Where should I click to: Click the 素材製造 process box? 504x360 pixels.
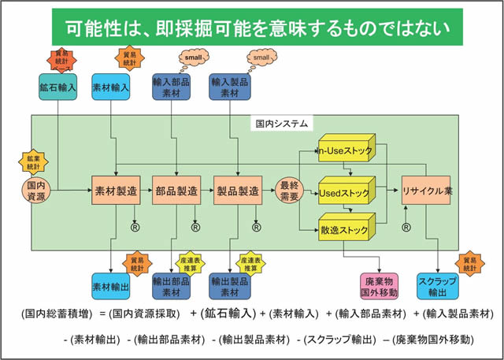click(x=114, y=191)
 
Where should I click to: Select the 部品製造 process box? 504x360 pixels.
click(x=172, y=191)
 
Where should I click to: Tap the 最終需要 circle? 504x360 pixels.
click(x=288, y=191)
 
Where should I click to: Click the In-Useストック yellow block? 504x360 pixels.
click(x=344, y=151)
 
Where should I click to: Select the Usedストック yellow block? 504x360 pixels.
click(x=344, y=192)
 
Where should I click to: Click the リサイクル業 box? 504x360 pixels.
click(x=425, y=191)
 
